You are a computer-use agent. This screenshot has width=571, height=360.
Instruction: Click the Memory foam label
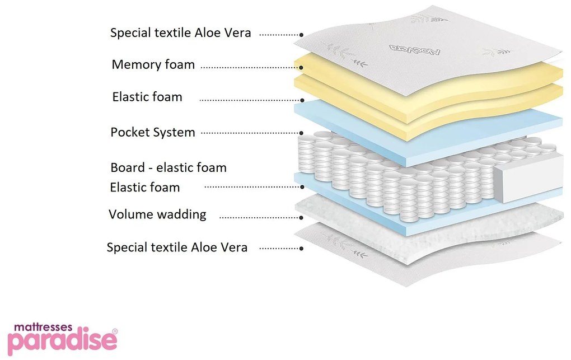pyautogui.click(x=153, y=64)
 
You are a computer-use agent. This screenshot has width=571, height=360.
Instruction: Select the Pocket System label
pyautogui.click(x=152, y=133)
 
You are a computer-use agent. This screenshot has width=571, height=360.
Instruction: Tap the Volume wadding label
pyautogui.click(x=157, y=214)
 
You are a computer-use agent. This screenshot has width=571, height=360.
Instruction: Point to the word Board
pyautogui.click(x=129, y=167)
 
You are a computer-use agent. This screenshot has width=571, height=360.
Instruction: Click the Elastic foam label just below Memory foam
pyautogui.click(x=147, y=97)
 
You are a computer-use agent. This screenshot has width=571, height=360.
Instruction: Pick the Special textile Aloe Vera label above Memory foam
pyautogui.click(x=180, y=32)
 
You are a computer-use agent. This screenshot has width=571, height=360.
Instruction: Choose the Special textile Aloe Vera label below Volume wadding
pyautogui.click(x=177, y=247)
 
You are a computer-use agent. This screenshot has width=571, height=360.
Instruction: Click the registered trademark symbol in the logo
pyautogui.click(x=115, y=331)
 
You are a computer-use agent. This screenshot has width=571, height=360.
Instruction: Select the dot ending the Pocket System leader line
pyautogui.click(x=302, y=133)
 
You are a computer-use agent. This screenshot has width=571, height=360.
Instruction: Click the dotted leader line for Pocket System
pyautogui.click(x=249, y=133)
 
